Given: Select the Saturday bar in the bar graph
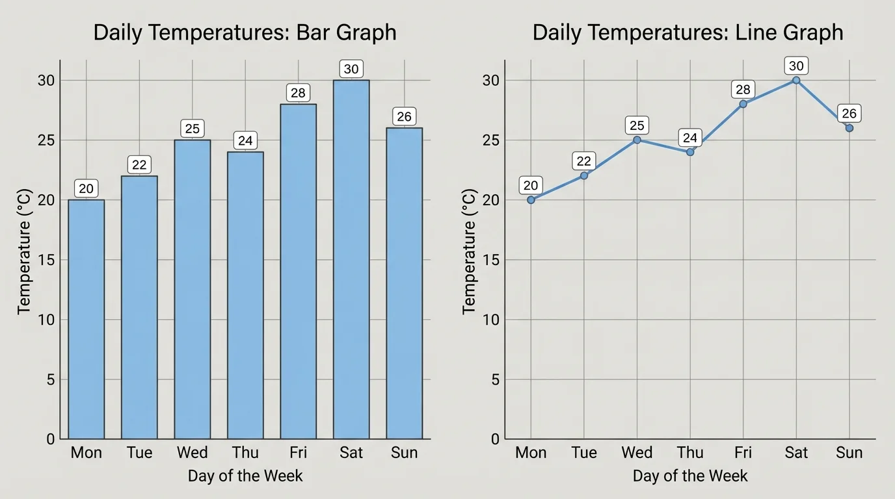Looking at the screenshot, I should click(x=351, y=260).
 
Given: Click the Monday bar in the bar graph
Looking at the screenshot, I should click(x=87, y=319).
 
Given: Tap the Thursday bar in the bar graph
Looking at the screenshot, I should click(x=245, y=296).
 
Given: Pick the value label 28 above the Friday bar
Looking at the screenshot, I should click(x=298, y=93).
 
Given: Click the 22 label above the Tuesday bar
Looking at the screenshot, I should click(x=139, y=165).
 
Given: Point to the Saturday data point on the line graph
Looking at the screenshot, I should click(x=796, y=81).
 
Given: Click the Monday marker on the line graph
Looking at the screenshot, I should click(x=531, y=200).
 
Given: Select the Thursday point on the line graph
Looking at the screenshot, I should click(x=690, y=152).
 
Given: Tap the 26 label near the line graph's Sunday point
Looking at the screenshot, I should click(x=849, y=114).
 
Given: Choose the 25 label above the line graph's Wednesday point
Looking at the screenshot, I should click(x=637, y=125).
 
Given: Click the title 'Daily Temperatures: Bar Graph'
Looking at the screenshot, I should click(x=245, y=32).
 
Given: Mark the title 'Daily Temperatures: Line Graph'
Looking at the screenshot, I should click(x=688, y=32).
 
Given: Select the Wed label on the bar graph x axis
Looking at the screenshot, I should click(x=193, y=453).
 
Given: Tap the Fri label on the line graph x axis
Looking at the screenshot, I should click(x=743, y=453).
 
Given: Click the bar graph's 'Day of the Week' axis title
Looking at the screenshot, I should click(x=245, y=476).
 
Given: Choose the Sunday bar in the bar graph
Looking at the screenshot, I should click(x=404, y=283).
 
